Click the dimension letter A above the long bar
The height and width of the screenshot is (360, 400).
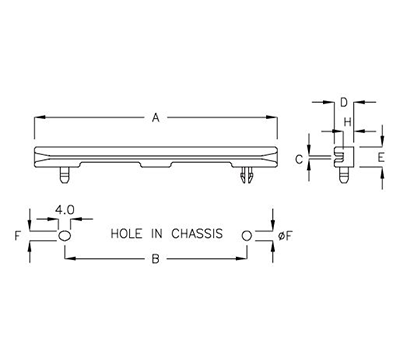(x=155, y=118)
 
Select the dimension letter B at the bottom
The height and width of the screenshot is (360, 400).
(x=155, y=259)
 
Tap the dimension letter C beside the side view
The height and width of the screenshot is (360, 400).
(x=313, y=159)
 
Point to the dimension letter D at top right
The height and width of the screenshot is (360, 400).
(x=343, y=102)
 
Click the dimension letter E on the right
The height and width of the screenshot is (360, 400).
(x=381, y=158)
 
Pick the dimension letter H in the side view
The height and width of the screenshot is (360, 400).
(x=348, y=122)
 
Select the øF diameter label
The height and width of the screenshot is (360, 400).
(x=284, y=235)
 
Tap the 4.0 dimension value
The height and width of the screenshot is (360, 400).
(x=64, y=210)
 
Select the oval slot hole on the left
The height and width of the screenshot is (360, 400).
(x=65, y=235)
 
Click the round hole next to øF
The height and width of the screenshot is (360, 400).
(x=248, y=235)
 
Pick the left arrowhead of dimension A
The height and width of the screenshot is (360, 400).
(x=38, y=118)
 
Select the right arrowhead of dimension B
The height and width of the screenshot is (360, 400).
(x=244, y=259)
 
